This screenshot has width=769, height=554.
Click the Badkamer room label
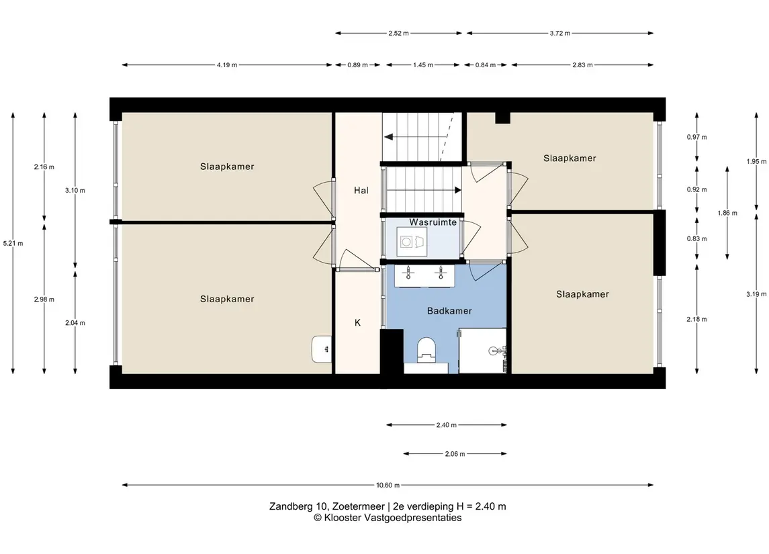pyautogui.click(x=449, y=311)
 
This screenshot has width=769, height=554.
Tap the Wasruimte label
pyautogui.click(x=433, y=222)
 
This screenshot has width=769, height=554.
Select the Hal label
pyautogui.click(x=361, y=190)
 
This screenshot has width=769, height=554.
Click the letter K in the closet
pyautogui.click(x=357, y=322)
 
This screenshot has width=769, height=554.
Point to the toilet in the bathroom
pyautogui.click(x=426, y=350)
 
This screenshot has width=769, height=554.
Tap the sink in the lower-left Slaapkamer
pyautogui.click(x=321, y=350)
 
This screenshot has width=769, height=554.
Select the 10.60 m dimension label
pyautogui.click(x=388, y=486)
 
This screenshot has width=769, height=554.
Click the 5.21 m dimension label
pyautogui.click(x=13, y=243)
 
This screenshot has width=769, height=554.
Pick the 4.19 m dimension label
pyautogui.click(x=227, y=64)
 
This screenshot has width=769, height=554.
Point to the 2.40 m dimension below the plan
pyautogui.click(x=447, y=425)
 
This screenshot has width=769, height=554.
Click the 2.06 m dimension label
pyautogui.click(x=455, y=454)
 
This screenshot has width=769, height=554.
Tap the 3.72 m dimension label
pyautogui.click(x=560, y=34)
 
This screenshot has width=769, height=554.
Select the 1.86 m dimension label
pyautogui.click(x=727, y=213)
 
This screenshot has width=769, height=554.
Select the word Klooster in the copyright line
pyautogui.click(x=343, y=518)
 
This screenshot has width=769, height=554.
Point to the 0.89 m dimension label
pyautogui.click(x=357, y=64)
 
